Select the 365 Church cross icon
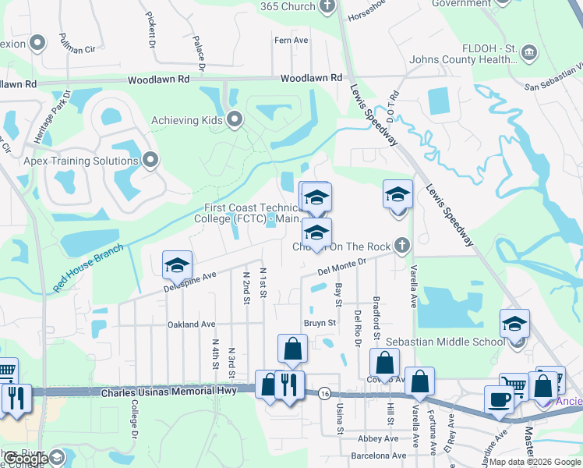point(327,6)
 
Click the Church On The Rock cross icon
point(401,246)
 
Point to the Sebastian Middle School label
point(457,342)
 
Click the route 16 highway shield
point(323,395)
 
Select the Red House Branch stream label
point(88,268)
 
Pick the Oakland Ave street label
point(191,324)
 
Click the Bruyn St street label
point(320,323)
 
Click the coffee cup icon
point(499,399)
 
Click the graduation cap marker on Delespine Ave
point(177,265)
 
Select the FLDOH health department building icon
point(530,53)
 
